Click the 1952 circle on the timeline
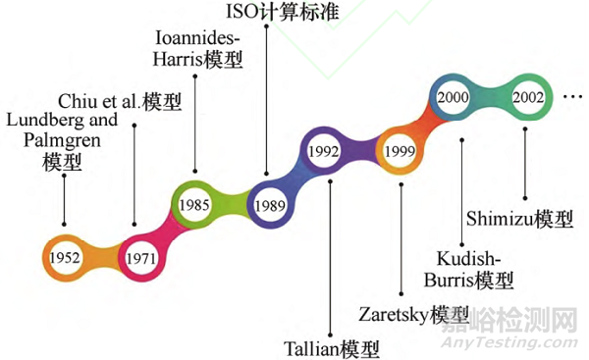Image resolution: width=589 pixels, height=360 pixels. point(61,257)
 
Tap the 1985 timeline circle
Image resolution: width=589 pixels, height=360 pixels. point(193,206)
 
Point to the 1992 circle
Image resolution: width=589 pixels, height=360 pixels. point(324,153)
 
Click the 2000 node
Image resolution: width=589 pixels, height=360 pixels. point(454,99)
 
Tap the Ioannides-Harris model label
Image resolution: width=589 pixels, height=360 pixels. point(199,49)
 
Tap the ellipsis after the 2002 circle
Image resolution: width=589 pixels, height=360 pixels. point(575,99)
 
